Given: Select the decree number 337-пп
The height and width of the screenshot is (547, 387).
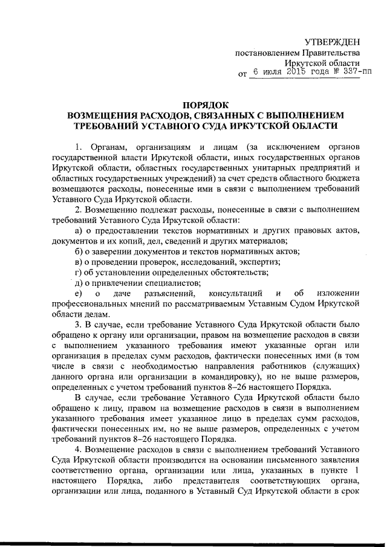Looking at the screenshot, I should (x=358, y=71).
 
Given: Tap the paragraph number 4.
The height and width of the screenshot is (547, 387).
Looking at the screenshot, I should (x=77, y=450).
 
